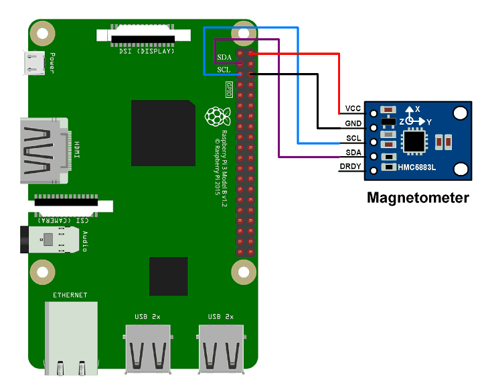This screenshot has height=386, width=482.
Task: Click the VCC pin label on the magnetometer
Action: pos(353,109)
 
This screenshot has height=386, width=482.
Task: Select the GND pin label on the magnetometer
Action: pos(353,123)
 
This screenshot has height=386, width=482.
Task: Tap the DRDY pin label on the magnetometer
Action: pos(351,166)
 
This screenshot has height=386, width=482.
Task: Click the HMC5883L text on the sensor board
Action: pos(416,167)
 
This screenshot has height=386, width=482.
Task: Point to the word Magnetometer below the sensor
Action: pos(417,198)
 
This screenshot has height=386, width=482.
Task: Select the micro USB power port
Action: pos(33,64)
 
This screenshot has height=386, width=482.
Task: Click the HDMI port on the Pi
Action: pos(44,151)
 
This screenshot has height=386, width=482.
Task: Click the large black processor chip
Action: pos(163,133)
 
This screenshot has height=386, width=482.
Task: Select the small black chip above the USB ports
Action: pos(169,276)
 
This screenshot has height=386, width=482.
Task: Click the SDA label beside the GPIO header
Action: pos(224,57)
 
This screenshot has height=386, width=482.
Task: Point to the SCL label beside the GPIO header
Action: pos(224,69)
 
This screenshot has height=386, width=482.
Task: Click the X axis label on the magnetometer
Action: pos(417,109)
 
